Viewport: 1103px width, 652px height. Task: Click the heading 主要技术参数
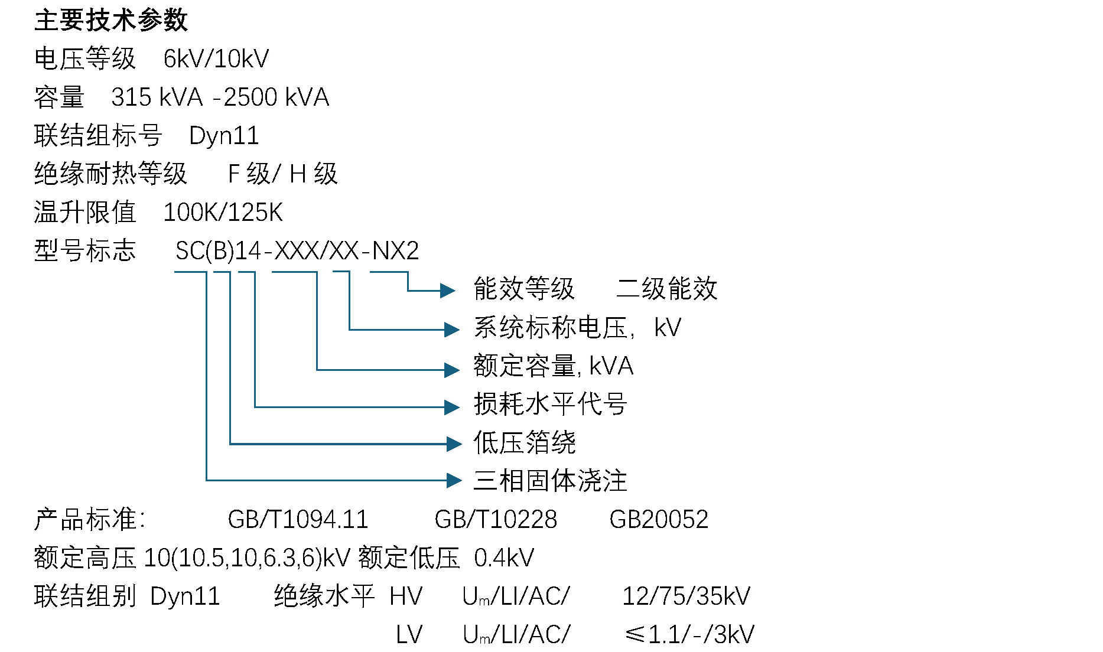coord(111,21)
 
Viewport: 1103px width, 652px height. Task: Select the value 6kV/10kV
coord(216,59)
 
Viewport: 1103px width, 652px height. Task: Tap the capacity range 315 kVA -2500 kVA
coord(220,97)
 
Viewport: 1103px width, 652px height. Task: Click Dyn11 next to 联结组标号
coord(224,136)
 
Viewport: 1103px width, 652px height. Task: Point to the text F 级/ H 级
coord(282,174)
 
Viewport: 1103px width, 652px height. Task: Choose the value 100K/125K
coord(223,213)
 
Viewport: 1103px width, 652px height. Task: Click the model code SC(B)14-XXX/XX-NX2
coord(297,251)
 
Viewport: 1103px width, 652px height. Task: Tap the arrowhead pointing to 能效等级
coord(447,291)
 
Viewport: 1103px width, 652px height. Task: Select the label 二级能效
coord(666,289)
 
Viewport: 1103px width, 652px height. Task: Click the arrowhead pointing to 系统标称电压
coord(451,330)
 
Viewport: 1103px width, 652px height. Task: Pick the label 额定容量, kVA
coord(554,366)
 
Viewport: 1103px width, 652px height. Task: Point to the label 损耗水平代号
coord(550,405)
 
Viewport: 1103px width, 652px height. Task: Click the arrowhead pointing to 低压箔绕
coord(453,444)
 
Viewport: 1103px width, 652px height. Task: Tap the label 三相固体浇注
coord(550,481)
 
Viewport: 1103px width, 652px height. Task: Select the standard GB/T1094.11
coord(298,520)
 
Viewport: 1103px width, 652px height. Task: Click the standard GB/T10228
coord(496,520)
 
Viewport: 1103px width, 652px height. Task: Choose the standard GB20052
coord(659,520)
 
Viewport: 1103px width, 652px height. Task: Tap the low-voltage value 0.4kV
coord(504,558)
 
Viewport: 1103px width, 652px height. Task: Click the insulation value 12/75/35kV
coord(686,596)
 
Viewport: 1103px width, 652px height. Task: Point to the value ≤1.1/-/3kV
coord(689,635)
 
